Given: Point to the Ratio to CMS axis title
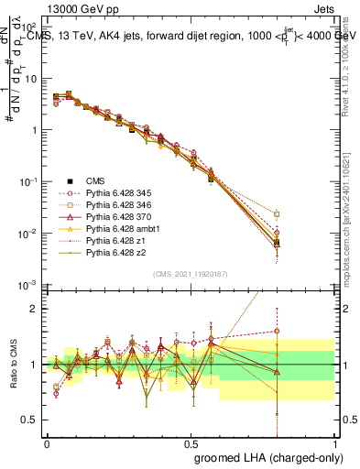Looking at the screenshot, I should [12, 365].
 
